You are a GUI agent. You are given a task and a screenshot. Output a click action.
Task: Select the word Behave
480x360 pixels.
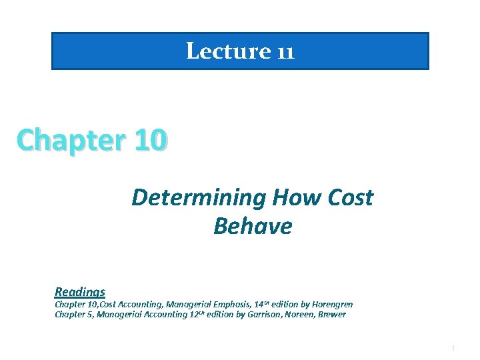(x=253, y=227)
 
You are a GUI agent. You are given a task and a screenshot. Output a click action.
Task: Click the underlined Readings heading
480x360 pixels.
(x=80, y=291)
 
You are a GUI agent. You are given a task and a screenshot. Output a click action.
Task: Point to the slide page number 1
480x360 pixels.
(x=453, y=348)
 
